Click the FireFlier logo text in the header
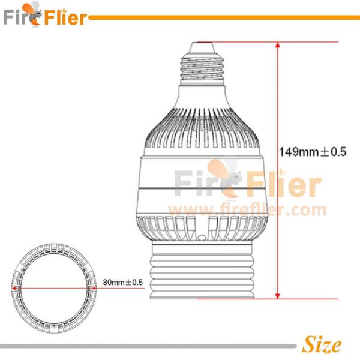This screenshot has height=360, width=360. pyautogui.click(x=45, y=17)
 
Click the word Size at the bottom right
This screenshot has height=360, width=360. pyautogui.click(x=322, y=345)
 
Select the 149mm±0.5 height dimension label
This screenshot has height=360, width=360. pyautogui.click(x=313, y=152)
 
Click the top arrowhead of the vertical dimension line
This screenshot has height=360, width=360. pyautogui.click(x=277, y=46)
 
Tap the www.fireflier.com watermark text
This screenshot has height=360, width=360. pyautogui.click(x=247, y=210)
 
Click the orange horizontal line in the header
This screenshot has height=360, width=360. pyautogui.click(x=222, y=17)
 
